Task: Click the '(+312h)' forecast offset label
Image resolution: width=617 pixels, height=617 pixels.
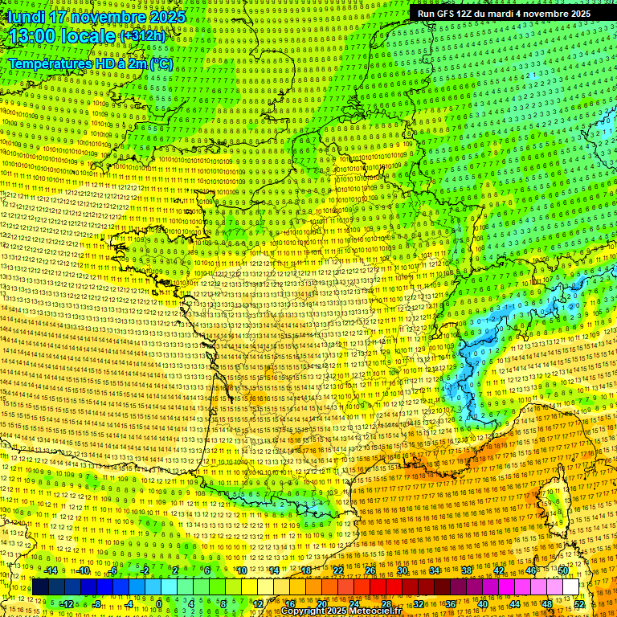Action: (x=142, y=36)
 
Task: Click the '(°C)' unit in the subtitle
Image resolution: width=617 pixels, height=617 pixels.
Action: (x=161, y=63)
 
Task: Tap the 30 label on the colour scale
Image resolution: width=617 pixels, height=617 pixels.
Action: (x=402, y=570)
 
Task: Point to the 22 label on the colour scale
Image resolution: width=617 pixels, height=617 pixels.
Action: (x=338, y=570)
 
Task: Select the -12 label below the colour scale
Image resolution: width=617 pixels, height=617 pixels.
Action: (x=67, y=603)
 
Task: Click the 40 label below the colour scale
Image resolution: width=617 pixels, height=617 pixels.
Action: (x=483, y=603)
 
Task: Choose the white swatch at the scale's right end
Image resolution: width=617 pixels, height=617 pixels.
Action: (x=570, y=587)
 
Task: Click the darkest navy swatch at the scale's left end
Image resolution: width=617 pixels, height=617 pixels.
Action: (x=40, y=587)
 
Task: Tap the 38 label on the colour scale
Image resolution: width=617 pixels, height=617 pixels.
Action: (x=467, y=570)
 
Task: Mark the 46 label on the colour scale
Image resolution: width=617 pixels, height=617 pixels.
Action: (x=531, y=570)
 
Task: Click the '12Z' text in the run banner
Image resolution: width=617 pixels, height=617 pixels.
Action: (x=464, y=14)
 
